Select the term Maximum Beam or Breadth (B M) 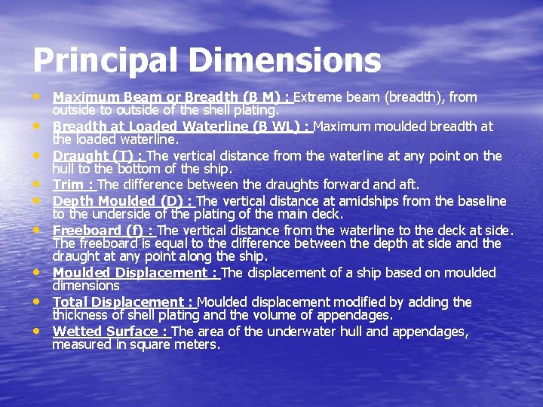pos(170,97)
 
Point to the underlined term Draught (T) pos(98,156)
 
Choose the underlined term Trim pos(72,185)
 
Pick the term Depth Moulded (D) pos(123,201)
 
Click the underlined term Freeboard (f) pos(102,231)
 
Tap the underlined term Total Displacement pos(123,302)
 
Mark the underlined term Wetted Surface pos(110,332)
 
